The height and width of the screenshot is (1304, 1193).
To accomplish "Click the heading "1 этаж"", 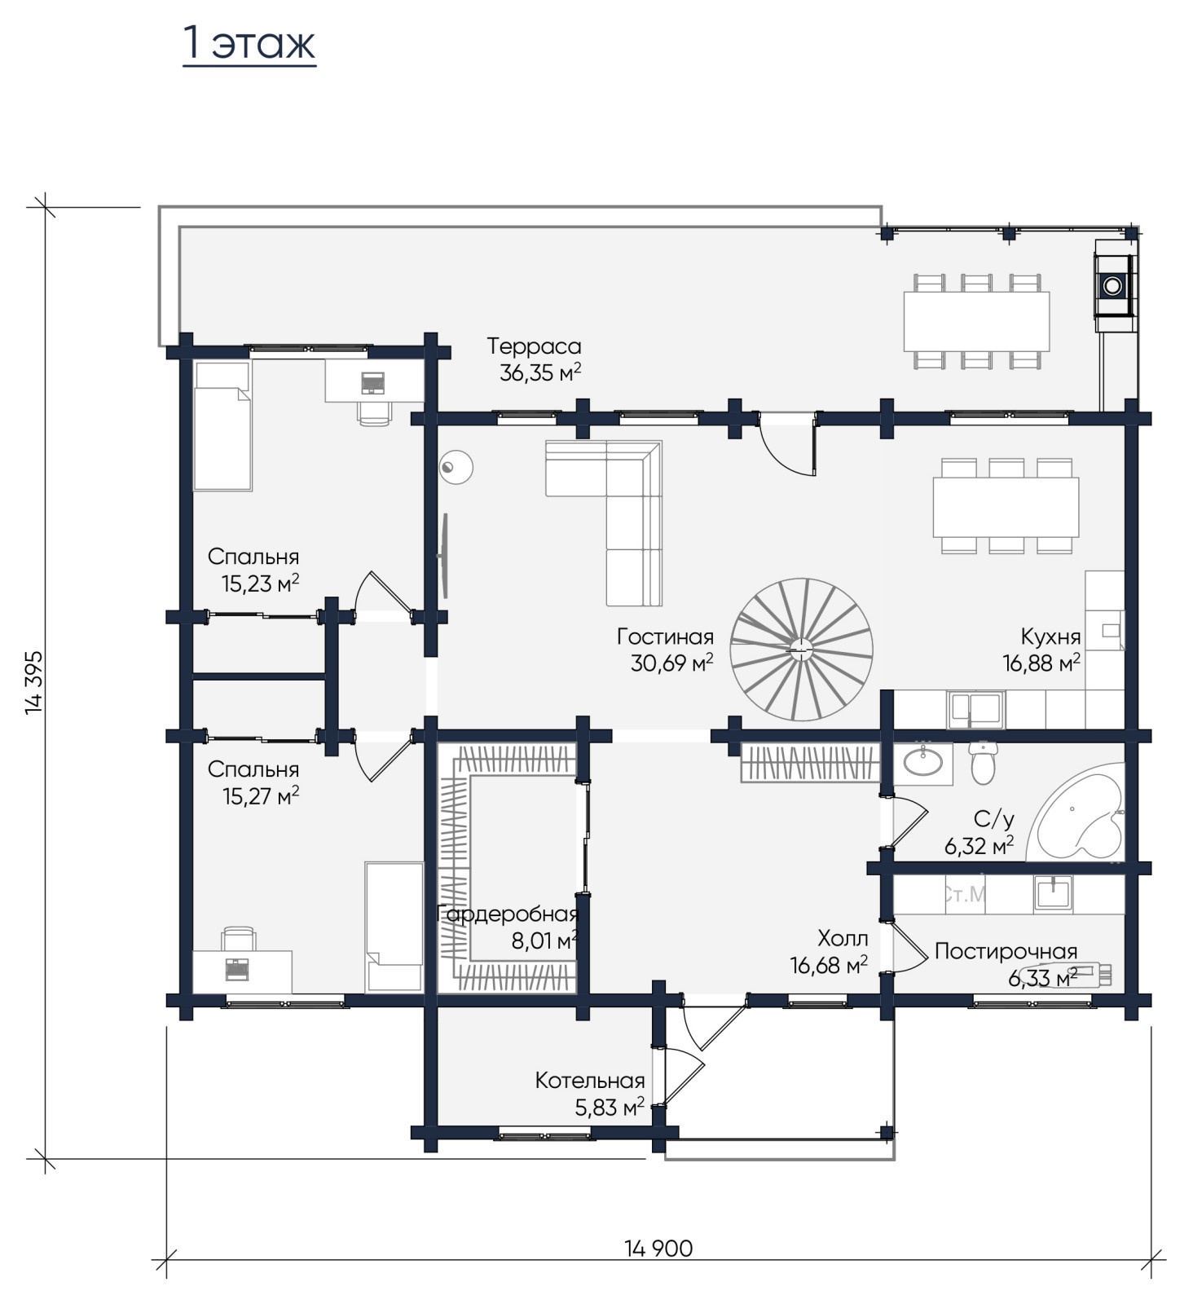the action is point(249,43).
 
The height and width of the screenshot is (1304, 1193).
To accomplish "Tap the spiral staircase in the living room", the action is point(801,650).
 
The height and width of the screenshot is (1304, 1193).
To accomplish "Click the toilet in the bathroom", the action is point(984,762).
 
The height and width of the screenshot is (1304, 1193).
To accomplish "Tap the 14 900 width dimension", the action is point(658,1248).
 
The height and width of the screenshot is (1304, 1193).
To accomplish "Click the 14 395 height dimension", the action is point(34,682).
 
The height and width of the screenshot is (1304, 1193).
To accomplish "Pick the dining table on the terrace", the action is point(976,321).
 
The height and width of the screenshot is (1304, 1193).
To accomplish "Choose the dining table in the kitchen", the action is point(1006,507).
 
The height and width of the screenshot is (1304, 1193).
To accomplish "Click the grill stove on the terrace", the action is point(1114,285).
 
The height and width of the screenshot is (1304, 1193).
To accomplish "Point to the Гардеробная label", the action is point(508,914).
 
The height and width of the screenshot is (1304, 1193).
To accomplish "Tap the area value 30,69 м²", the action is point(671,663).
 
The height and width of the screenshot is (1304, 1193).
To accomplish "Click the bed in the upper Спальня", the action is point(222,425).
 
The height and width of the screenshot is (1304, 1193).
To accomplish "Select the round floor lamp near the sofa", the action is point(456,467).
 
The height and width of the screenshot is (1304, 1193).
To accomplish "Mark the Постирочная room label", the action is point(1006,951).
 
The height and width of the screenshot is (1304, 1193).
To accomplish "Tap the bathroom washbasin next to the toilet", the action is point(923,763).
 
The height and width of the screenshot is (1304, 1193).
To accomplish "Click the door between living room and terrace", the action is point(787,444).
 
